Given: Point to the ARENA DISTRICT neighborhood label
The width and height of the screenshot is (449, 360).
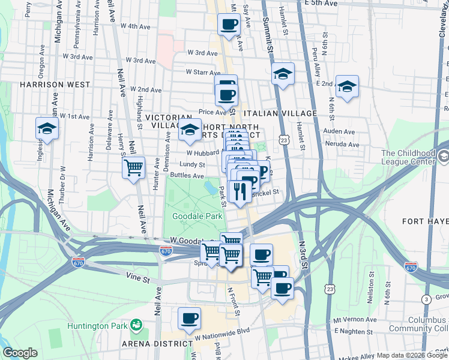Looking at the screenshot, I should (x=155, y=343).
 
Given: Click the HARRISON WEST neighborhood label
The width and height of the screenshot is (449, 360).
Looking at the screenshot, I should (x=46, y=85).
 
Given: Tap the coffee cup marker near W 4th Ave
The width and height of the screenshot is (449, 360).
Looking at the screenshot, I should (x=229, y=25).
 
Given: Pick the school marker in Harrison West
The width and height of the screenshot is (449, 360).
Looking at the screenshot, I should (x=46, y=128).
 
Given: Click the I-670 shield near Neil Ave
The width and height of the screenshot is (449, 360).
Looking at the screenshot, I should (x=166, y=250).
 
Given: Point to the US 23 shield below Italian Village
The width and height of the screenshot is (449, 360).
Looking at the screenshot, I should (x=282, y=139).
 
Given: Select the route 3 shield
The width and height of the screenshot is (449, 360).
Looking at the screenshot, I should (x=426, y=299).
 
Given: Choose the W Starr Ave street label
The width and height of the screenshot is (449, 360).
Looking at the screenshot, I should (x=203, y=72).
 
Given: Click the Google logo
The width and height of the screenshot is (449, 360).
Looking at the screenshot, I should (x=20, y=353).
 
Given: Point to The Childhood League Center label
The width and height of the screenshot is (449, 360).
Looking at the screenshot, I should (x=408, y=157).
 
